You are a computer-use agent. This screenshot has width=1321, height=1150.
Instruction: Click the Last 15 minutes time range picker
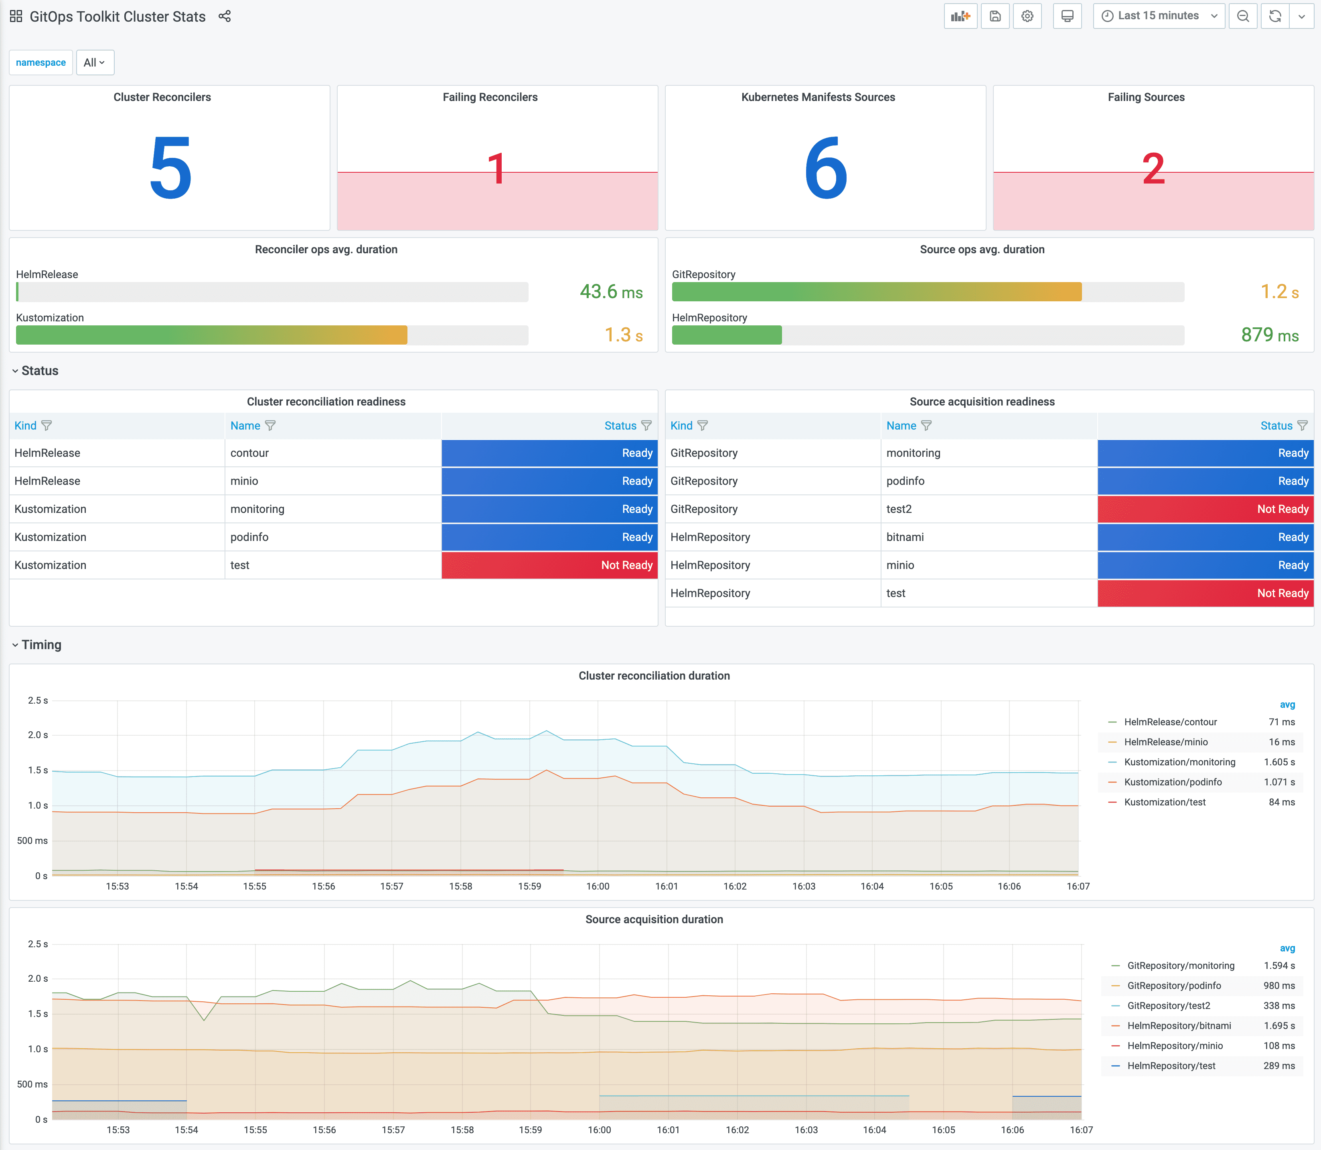coord(1158,16)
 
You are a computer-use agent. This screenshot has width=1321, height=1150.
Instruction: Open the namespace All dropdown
coord(94,62)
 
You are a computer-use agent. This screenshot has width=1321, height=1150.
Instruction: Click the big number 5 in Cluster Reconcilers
coord(170,168)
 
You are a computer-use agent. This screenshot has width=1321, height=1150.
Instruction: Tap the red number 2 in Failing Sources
coord(1153,169)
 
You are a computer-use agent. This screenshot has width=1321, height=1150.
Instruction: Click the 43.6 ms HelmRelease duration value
coord(611,292)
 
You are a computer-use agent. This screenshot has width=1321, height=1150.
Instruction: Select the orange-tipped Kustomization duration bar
coord(211,335)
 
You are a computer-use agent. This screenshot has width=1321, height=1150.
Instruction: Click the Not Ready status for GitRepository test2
coord(1206,509)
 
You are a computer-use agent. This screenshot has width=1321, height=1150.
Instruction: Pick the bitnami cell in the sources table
coord(905,537)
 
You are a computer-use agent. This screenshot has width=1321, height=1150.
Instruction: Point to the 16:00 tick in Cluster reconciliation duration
coord(597,886)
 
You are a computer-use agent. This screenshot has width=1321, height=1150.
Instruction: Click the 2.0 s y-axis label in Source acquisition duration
coord(37,978)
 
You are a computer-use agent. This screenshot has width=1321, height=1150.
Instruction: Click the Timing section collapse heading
coord(41,644)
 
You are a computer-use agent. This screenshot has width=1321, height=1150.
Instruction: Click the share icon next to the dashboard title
coord(224,16)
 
